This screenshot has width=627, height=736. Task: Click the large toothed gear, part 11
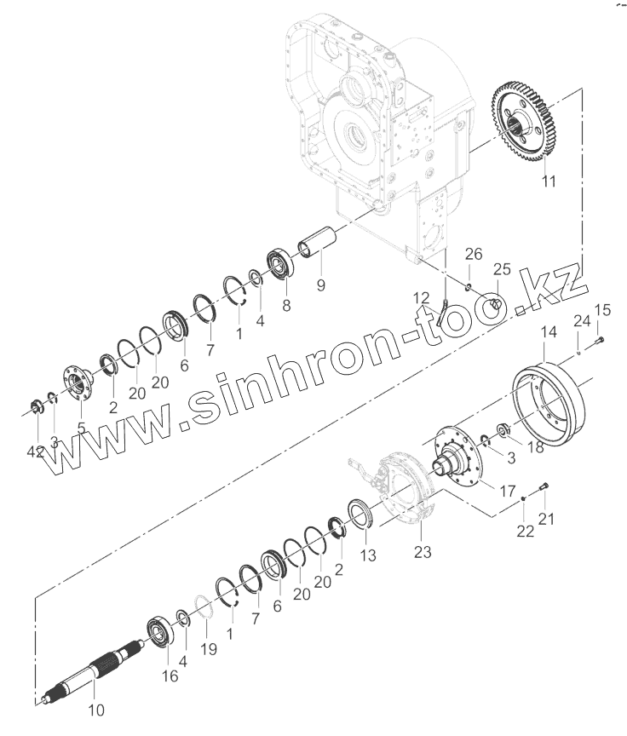[x=524, y=124]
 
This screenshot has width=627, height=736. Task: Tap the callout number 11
[x=549, y=181]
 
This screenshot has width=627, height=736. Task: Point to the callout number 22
[x=525, y=531]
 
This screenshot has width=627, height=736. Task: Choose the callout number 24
[x=581, y=321]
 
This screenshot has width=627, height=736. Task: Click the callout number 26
[x=474, y=254]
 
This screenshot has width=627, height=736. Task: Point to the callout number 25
[x=502, y=270]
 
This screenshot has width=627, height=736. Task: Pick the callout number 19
[x=209, y=649]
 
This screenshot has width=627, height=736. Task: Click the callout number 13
[x=367, y=558]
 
